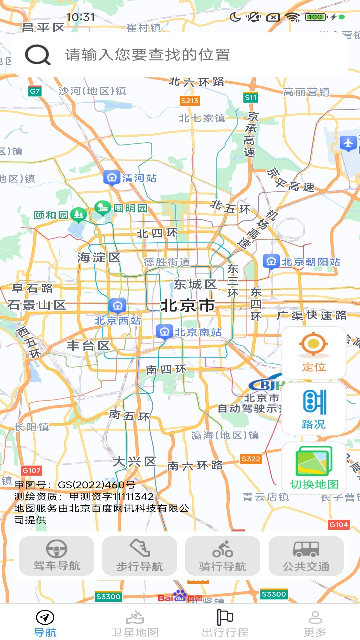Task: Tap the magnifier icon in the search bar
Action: click(38, 55)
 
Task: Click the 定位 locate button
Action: click(314, 353)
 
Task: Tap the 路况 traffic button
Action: click(314, 409)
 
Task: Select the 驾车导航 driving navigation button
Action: click(57, 556)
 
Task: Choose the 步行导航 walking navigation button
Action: click(140, 556)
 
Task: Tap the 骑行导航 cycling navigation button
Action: click(223, 556)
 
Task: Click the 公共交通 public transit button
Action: click(306, 556)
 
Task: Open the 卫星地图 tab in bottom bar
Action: click(135, 623)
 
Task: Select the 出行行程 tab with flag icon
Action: click(225, 623)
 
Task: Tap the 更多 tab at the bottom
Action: click(315, 623)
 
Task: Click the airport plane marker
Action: click(348, 144)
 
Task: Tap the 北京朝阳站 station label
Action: click(311, 262)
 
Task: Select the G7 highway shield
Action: click(35, 91)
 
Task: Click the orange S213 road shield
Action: click(190, 101)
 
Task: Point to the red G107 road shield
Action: click(31, 470)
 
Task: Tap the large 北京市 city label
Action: click(188, 305)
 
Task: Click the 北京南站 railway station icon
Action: click(164, 332)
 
